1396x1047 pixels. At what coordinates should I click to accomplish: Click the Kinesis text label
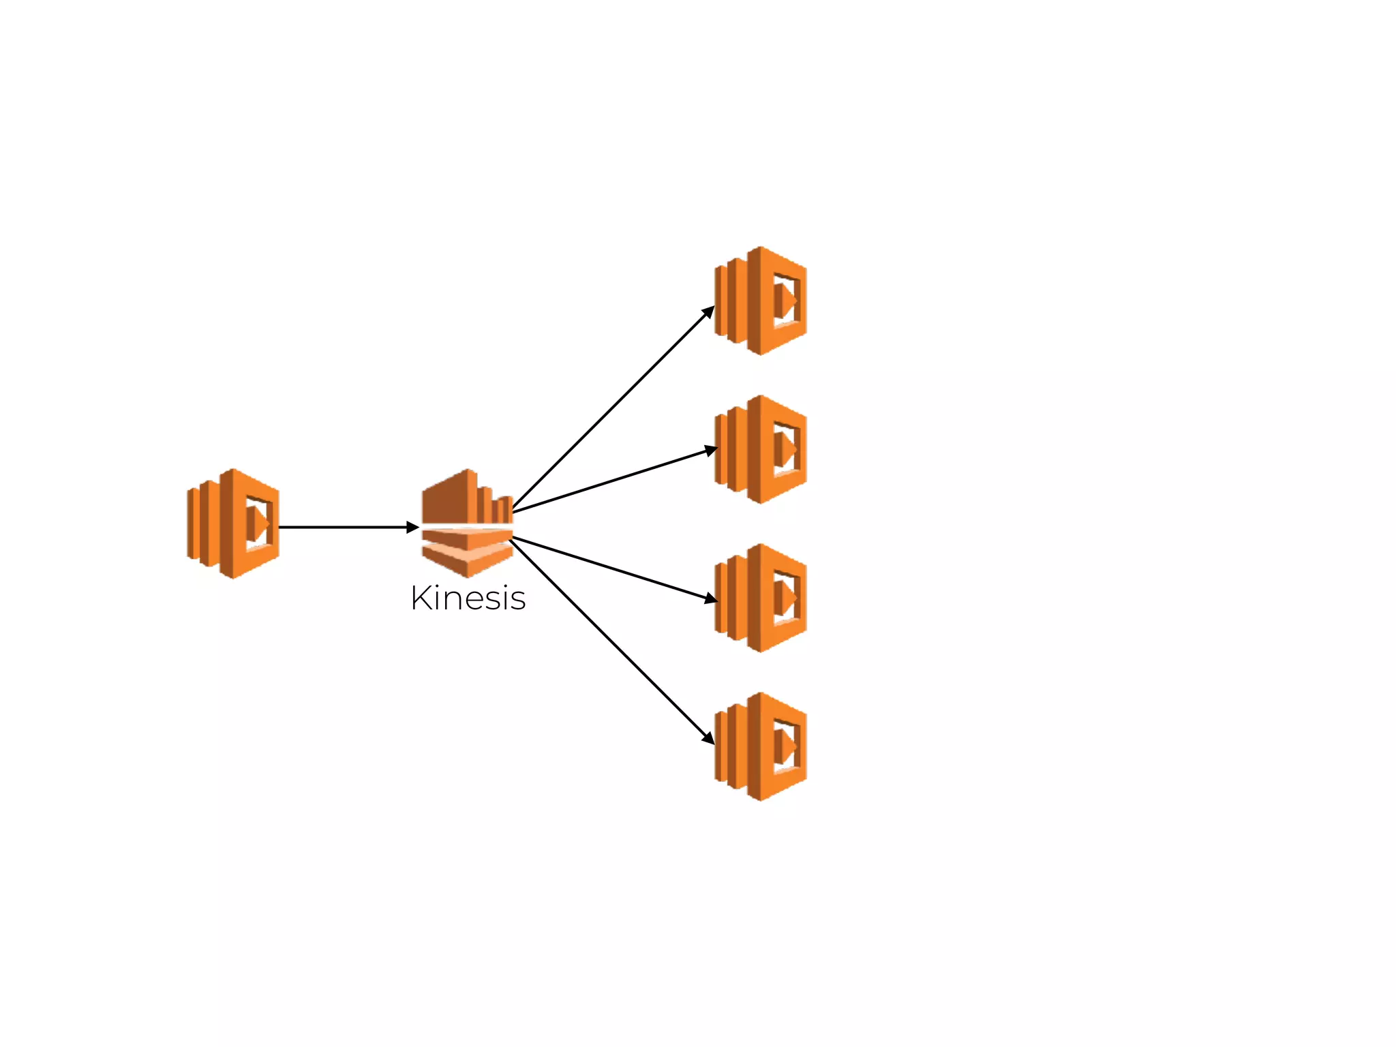468,598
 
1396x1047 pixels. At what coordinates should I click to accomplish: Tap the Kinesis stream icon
468,523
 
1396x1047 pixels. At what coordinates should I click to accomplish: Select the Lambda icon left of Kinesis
233,523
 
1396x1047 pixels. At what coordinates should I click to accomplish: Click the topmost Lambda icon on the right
761,301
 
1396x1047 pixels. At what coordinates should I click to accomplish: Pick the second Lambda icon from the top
761,449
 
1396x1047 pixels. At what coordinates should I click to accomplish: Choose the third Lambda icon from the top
761,598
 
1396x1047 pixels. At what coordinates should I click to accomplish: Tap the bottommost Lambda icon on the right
761,746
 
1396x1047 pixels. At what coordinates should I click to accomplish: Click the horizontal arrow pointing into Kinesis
341,527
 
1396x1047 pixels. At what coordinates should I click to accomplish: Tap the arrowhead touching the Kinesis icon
412,527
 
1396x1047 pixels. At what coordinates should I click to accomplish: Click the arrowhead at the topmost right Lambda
709,312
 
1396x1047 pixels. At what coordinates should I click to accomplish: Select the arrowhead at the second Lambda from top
711,450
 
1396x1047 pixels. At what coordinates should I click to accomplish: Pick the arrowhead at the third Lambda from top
711,598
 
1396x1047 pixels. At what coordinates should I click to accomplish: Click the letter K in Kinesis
423,598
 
